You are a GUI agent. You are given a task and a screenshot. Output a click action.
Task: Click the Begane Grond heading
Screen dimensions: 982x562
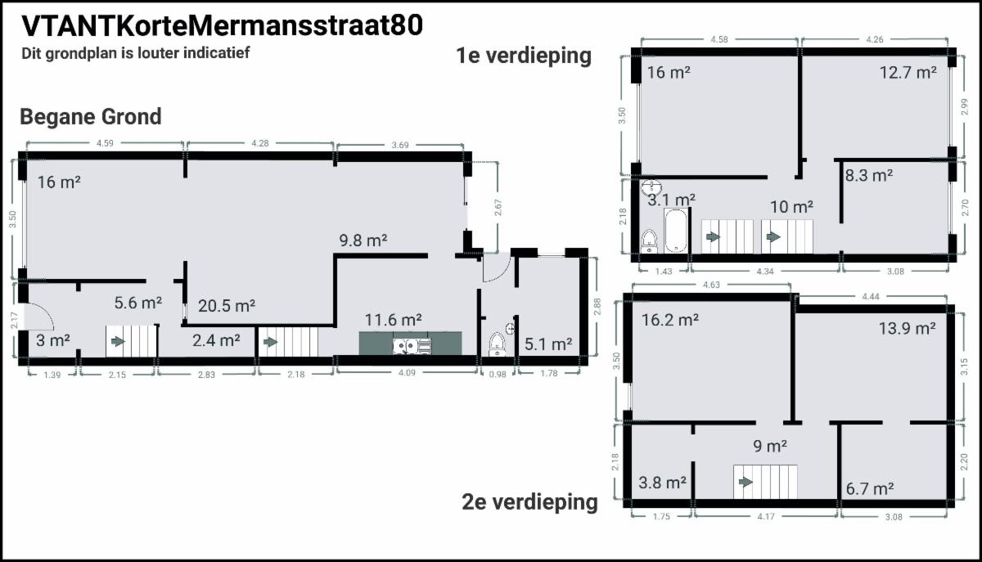(91, 117)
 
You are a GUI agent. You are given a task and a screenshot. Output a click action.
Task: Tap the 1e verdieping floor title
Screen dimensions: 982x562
(524, 56)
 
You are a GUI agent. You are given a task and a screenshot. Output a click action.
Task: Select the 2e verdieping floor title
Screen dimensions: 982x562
(529, 502)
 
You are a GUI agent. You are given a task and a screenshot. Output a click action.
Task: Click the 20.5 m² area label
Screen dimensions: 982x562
(226, 306)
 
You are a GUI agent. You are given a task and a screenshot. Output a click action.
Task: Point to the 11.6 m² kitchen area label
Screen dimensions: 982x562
(394, 320)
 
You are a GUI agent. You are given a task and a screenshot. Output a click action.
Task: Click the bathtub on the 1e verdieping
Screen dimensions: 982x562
(676, 231)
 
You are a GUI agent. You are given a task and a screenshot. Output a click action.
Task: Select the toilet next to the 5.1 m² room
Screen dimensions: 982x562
(497, 344)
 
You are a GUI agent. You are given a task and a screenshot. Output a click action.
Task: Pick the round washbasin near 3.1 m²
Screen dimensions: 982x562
(651, 187)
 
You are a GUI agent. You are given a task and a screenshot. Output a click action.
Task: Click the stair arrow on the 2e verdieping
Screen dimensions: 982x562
(746, 482)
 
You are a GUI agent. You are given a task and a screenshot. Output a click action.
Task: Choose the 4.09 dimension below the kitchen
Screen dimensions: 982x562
(407, 372)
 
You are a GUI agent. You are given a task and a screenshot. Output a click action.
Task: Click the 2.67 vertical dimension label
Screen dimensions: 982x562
(498, 207)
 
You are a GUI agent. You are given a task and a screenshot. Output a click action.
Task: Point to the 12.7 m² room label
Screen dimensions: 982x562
(908, 72)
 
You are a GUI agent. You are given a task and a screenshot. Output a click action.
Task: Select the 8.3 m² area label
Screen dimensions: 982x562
(869, 175)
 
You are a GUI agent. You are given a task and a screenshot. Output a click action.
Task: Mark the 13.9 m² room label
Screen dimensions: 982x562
(907, 328)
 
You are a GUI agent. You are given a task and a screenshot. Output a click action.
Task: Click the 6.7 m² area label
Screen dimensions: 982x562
(870, 488)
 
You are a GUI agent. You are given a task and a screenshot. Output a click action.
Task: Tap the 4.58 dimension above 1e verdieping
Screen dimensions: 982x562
(719, 39)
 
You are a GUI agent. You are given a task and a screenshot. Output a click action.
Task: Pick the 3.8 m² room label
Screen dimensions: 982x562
(662, 483)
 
